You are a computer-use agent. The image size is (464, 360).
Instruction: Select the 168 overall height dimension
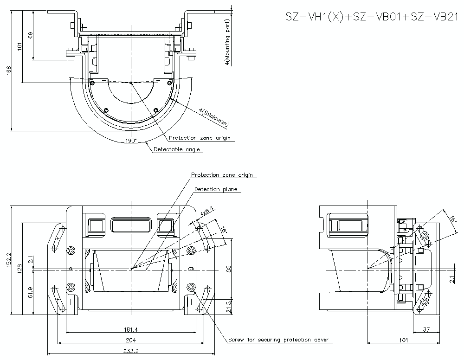(x=9, y=70)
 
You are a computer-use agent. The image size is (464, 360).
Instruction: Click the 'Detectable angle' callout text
(x=177, y=149)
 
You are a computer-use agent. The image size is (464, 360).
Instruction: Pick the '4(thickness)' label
(x=213, y=116)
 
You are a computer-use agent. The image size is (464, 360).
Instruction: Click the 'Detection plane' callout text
(x=215, y=189)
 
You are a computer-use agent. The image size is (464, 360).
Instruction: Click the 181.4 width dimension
(x=131, y=329)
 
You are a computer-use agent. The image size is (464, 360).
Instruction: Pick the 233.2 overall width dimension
(x=132, y=351)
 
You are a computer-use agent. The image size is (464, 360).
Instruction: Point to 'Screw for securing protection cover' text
(x=278, y=340)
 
